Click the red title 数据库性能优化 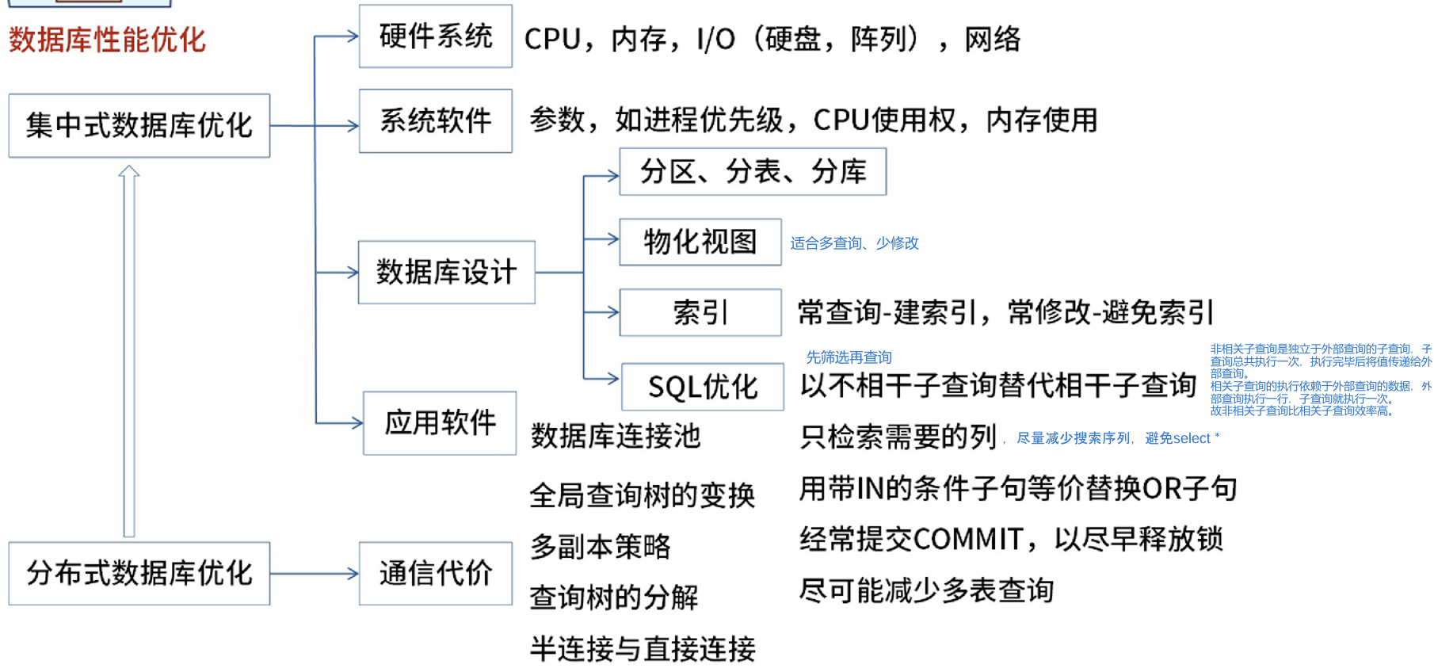[107, 40]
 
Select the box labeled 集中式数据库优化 [139, 125]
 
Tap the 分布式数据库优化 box [139, 573]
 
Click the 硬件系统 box [435, 36]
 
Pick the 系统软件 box [435, 121]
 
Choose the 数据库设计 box [446, 273]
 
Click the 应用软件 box [440, 423]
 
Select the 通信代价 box [435, 573]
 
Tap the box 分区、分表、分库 [752, 172]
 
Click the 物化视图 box [700, 242]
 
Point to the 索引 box [700, 312]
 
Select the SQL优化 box [702, 387]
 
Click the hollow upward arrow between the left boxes [129, 349]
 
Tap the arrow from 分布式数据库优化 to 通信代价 [314, 573]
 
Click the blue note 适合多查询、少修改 [854, 243]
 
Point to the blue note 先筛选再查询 [849, 357]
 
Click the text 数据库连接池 [616, 436]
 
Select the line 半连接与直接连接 [643, 649]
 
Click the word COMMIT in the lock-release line [968, 540]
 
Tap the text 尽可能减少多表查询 [926, 590]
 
